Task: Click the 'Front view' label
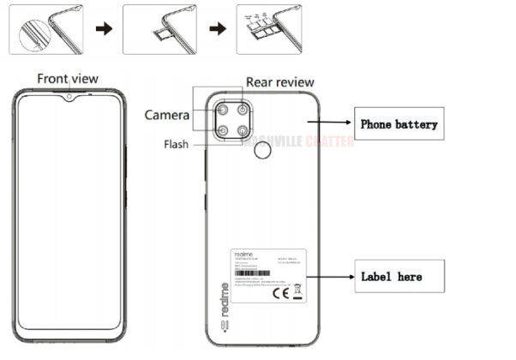(67, 78)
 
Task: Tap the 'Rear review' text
(277, 82)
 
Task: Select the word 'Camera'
(167, 115)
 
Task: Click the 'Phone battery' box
(399, 124)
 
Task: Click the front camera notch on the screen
(67, 97)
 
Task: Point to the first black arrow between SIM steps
(103, 28)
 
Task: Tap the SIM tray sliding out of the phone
(160, 35)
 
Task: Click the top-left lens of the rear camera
(223, 111)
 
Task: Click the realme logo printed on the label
(243, 255)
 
